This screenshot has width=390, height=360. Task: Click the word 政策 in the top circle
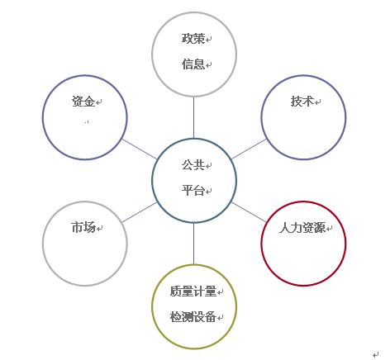pos(193,39)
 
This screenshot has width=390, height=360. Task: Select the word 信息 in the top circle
pos(193,64)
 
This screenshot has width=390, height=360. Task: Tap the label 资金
pos(83,102)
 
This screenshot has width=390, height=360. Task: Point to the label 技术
pos(302,102)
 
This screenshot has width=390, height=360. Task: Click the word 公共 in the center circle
pos(193,165)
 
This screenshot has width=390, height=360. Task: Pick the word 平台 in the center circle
pos(193,190)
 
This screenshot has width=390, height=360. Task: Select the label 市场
pos(83,227)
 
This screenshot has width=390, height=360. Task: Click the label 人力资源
pos(302,228)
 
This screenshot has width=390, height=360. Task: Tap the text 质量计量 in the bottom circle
pos(193,291)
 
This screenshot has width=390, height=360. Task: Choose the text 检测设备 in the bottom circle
pos(193,316)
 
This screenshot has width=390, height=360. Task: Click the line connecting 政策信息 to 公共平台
pos(193,117)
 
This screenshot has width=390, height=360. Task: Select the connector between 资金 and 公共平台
pos(140,149)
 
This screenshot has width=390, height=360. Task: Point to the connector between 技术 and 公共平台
pos(249,149)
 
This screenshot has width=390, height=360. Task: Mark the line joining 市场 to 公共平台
pos(140,212)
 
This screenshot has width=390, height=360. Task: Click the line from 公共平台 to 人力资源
pos(249,212)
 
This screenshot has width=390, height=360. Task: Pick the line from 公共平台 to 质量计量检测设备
pos(193,244)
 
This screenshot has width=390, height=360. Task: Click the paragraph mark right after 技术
pos(318,102)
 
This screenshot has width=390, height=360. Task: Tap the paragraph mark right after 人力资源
pos(330,229)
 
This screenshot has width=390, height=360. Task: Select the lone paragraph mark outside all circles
pos(376,354)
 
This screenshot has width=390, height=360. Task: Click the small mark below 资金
pos(87,121)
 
